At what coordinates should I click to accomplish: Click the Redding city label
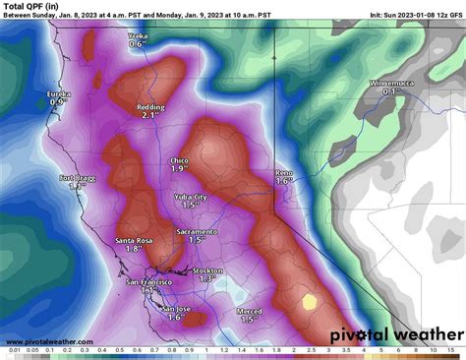click(x=151, y=105)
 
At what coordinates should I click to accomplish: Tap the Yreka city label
click(x=144, y=34)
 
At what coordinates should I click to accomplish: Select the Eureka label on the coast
click(x=60, y=93)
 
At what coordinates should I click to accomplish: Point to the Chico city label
click(x=179, y=159)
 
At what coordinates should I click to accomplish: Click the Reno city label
click(x=284, y=172)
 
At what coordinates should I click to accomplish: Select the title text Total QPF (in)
click(x=30, y=7)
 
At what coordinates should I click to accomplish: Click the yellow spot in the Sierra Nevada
click(x=310, y=302)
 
